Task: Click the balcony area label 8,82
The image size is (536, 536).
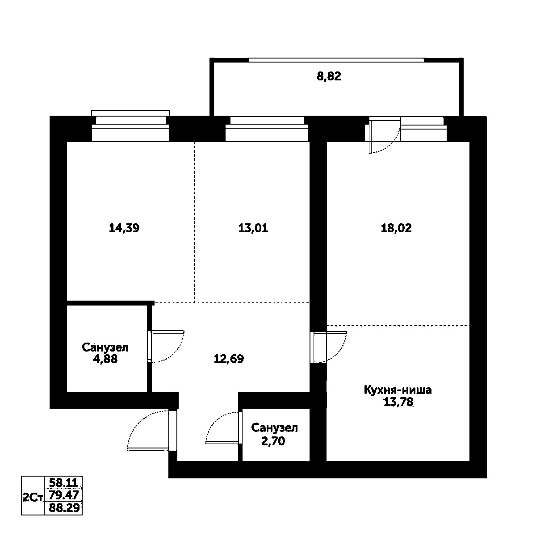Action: (x=329, y=76)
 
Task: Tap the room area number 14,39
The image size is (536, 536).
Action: (x=124, y=228)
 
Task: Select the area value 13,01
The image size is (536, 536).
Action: (x=253, y=228)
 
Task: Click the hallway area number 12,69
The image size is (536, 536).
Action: (x=229, y=359)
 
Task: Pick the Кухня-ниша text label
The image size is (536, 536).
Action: (x=398, y=390)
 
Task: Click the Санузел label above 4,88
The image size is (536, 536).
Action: (x=105, y=348)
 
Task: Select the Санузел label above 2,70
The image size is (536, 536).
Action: (x=274, y=428)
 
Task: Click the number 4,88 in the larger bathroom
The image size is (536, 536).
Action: (x=105, y=359)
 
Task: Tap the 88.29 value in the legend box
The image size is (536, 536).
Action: (x=63, y=508)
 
